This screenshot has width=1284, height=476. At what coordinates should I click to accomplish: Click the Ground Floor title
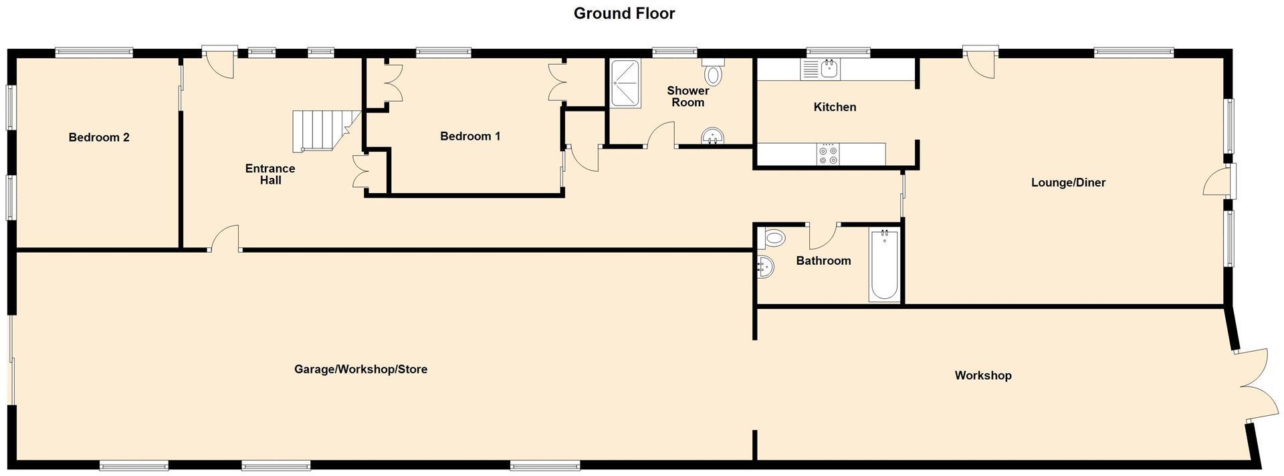624,13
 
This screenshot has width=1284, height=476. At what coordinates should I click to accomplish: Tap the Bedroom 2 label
99,138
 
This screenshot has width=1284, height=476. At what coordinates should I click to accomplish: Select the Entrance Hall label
270,174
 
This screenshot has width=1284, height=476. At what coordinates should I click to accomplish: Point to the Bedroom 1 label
470,136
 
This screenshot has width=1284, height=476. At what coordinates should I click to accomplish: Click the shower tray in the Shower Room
625,84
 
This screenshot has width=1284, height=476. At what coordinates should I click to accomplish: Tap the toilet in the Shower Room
714,72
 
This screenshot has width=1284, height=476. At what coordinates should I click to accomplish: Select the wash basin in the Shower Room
713,137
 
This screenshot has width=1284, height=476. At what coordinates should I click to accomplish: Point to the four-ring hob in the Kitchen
828,154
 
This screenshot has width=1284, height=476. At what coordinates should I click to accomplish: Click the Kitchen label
835,107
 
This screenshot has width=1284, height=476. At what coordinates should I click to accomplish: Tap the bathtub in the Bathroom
884,265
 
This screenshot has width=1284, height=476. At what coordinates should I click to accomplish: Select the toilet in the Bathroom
773,238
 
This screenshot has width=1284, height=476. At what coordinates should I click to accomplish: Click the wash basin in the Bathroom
766,267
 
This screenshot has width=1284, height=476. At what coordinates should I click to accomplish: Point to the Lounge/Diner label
1068,183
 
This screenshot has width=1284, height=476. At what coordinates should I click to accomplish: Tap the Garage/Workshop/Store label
360,369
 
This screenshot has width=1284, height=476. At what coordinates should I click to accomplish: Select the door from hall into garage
225,239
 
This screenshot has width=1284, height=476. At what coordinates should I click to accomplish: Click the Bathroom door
823,235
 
